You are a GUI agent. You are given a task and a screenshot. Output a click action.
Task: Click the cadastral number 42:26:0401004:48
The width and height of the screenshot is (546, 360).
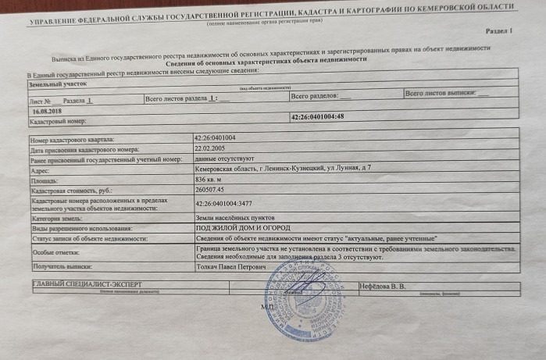(x=317, y=116)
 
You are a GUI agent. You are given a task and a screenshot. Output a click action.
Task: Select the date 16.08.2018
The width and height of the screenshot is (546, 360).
(x=45, y=111)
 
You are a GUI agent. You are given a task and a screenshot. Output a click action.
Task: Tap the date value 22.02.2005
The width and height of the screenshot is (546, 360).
(x=211, y=148)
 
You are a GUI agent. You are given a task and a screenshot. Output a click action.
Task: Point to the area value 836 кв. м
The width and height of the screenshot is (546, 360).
(x=212, y=178)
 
